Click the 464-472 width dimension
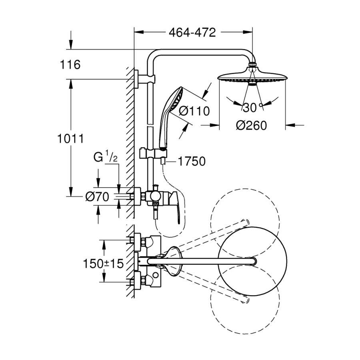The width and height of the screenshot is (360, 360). [192, 32]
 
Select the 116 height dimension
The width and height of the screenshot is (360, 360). [71, 64]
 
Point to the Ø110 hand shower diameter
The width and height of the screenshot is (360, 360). [194, 111]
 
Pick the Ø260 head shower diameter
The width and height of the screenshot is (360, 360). [251, 126]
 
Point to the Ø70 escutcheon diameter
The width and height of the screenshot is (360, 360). [98, 196]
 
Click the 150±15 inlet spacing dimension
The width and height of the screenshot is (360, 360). [103, 264]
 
